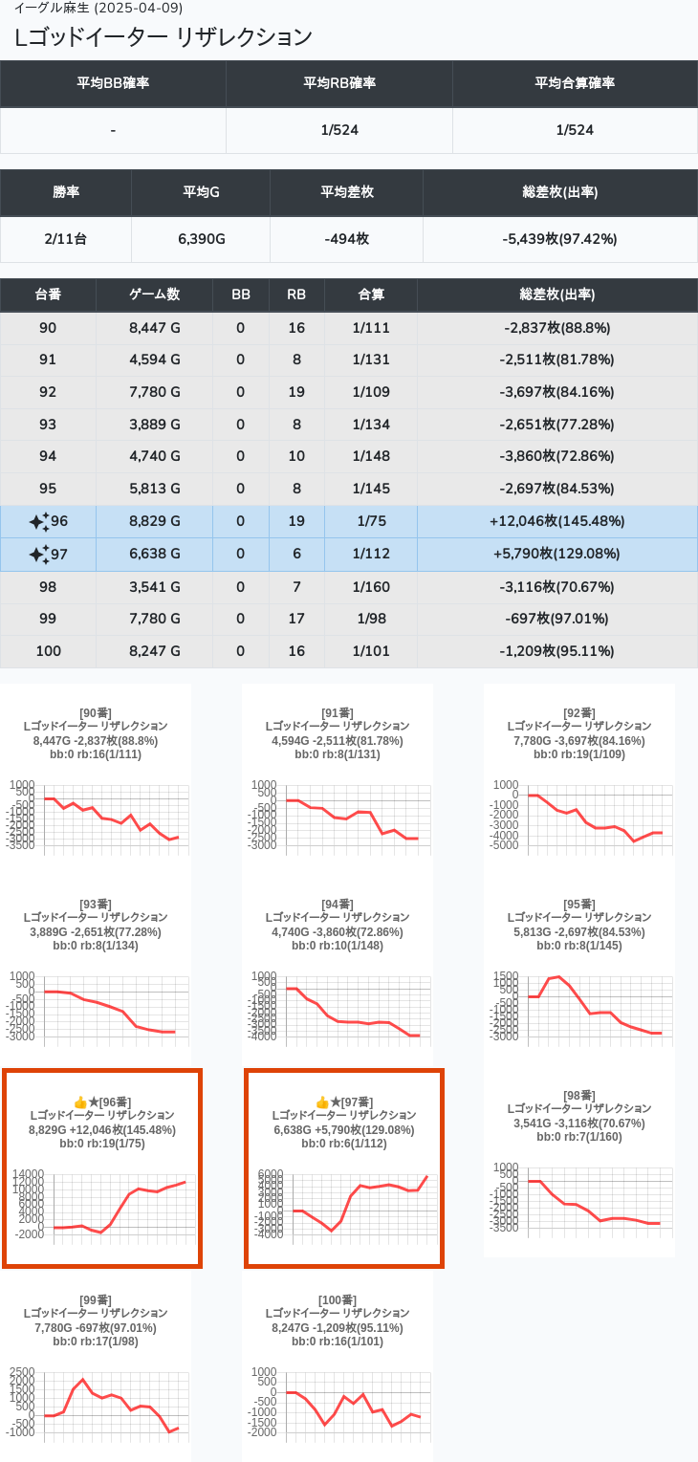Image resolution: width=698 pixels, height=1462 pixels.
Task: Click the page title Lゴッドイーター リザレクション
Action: click(x=164, y=37)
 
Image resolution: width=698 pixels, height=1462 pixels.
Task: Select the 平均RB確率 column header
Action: click(x=339, y=83)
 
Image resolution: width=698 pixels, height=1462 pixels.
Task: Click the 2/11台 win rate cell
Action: click(x=66, y=239)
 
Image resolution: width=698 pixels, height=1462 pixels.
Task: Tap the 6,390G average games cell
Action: click(x=201, y=239)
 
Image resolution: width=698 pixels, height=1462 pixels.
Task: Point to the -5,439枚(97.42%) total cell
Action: click(x=559, y=239)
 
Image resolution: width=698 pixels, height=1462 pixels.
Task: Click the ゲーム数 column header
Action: click(x=154, y=295)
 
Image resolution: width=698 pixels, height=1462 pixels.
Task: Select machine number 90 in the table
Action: click(x=48, y=328)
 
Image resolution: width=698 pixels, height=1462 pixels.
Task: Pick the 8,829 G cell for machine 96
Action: click(x=154, y=521)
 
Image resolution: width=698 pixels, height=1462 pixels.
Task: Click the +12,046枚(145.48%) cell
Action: click(x=556, y=521)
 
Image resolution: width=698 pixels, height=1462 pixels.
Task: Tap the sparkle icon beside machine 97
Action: click(x=38, y=555)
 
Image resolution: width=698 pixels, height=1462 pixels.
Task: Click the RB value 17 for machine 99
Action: click(x=296, y=619)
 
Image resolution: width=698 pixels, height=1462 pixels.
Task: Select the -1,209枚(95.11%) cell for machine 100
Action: click(x=556, y=651)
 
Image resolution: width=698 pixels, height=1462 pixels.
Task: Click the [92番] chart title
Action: click(x=578, y=712)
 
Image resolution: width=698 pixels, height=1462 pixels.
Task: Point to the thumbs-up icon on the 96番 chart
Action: click(x=80, y=1102)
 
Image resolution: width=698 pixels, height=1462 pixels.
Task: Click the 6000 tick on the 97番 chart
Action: click(x=272, y=1173)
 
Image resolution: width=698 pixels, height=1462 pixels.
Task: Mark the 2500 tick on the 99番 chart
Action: click(x=22, y=1372)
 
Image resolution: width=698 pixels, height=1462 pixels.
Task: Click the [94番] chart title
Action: click(x=338, y=904)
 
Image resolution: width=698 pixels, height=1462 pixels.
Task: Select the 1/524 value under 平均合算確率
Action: click(x=575, y=130)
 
